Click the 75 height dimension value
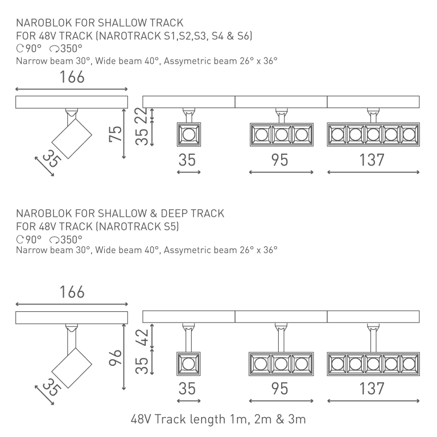[x=116, y=134]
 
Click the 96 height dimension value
[x=116, y=357]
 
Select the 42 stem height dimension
[x=142, y=337]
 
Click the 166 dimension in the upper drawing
[x=72, y=77]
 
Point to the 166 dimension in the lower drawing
[x=72, y=292]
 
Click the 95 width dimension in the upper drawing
[x=279, y=160]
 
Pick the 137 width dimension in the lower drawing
[x=372, y=389]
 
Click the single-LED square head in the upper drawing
[x=189, y=135]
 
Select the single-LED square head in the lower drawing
[x=189, y=364]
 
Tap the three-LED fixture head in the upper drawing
[x=282, y=135]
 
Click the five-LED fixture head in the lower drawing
[x=373, y=364]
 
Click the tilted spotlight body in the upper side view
[x=72, y=138]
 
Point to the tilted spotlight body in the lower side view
[x=72, y=368]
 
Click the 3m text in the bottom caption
[x=296, y=419]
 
